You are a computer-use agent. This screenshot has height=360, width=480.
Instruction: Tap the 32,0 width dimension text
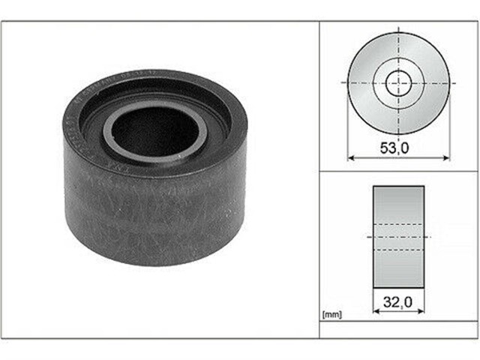tap(398, 304)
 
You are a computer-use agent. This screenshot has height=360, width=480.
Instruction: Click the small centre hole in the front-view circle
tap(398, 83)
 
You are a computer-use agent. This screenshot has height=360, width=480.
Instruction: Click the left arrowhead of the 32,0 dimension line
tap(376, 312)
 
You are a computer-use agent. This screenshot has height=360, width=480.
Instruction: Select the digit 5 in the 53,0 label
tap(384, 148)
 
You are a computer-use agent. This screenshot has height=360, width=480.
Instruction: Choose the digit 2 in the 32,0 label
tap(393, 304)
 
